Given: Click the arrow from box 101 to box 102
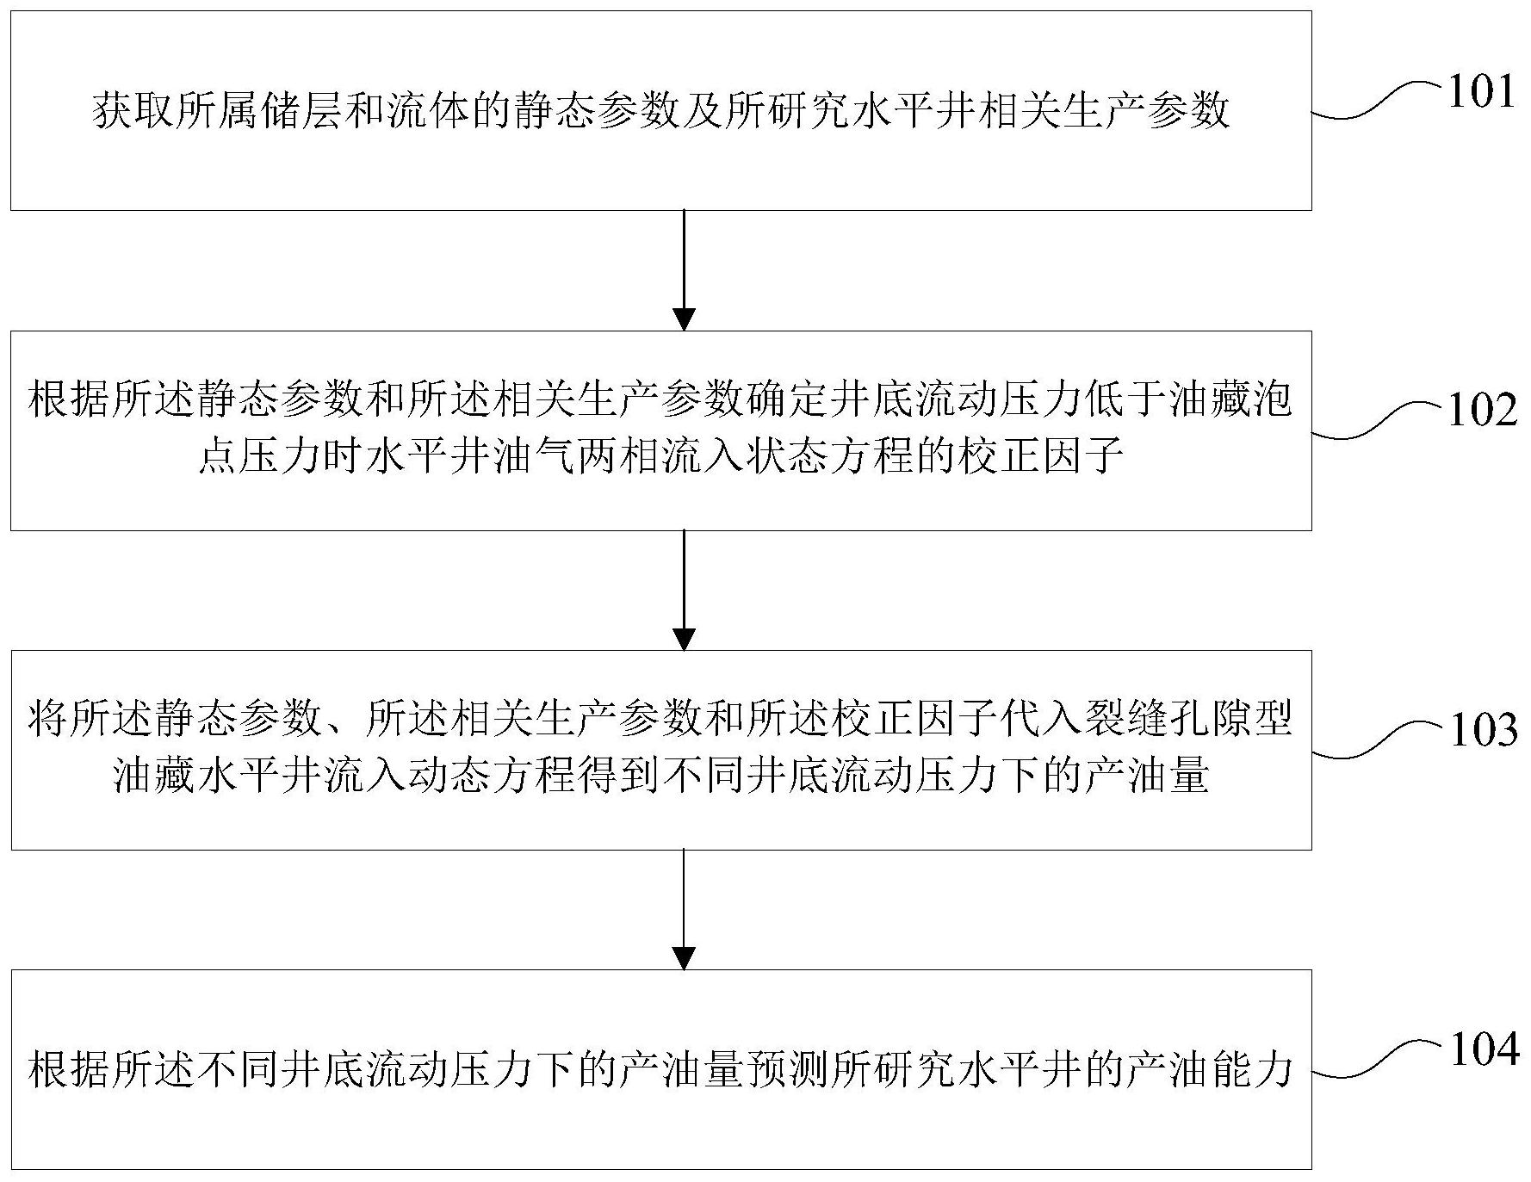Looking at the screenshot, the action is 684,270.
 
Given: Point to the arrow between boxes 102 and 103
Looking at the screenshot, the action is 684,591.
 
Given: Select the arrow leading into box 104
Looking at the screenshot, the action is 684,910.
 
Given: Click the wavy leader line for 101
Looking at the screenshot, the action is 1378,101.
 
